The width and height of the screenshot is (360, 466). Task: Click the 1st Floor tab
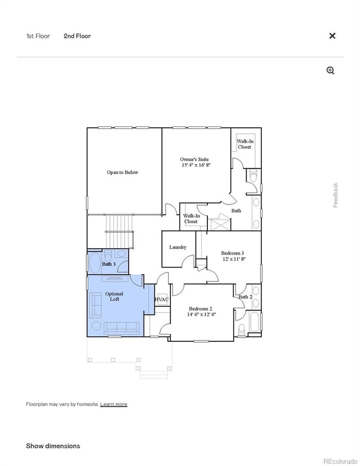38,36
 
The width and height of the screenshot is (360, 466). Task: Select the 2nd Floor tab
77,36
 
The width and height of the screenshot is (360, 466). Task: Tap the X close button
332,36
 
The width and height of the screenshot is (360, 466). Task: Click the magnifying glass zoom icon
330,70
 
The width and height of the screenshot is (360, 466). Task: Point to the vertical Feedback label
335,195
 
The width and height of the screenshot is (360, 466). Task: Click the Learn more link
113,404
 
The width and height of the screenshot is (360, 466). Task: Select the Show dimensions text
53,446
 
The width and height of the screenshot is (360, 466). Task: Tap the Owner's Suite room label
194,162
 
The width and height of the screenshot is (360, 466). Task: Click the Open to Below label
122,172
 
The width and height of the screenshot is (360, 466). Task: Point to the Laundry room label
178,247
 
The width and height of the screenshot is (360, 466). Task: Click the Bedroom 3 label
233,256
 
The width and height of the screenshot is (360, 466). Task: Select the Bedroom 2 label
202,311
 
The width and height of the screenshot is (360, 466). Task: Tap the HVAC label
162,299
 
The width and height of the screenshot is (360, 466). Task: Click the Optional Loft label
114,296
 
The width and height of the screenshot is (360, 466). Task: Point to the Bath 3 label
109,264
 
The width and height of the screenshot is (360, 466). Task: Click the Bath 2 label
245,297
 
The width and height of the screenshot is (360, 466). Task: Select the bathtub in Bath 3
95,263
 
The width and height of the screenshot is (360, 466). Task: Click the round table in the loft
97,326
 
